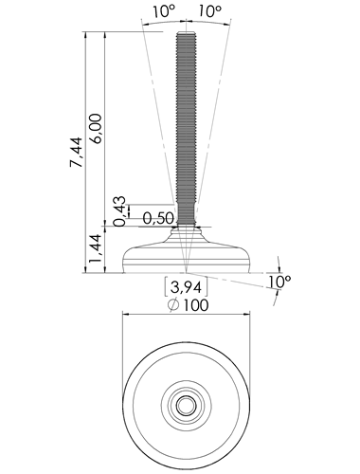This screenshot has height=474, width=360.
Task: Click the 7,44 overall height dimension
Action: coord(76,152)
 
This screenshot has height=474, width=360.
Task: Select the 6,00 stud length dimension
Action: coord(95,129)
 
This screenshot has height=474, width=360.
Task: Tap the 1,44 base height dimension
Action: coord(95,248)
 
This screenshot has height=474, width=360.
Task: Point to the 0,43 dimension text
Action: coord(119,211)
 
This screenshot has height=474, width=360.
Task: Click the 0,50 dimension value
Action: coord(158,218)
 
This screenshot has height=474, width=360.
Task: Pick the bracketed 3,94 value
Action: coord(186,287)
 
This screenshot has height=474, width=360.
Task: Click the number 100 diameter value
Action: coord(196,305)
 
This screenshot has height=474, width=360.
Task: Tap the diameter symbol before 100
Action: coord(173,305)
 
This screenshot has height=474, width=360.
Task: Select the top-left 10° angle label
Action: coord(164,11)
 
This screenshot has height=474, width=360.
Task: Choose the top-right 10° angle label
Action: coord(209,11)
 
